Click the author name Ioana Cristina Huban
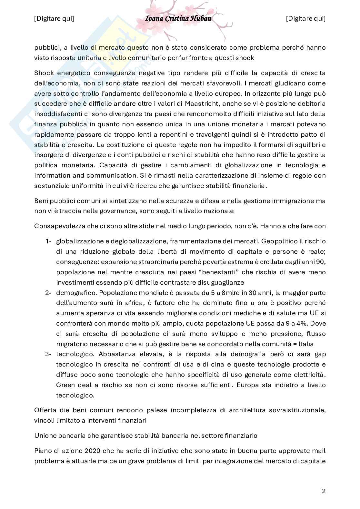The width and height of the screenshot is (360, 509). coord(178,18)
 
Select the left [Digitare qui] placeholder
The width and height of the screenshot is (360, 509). coord(54,19)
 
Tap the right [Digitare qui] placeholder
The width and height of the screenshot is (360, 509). coord(306,19)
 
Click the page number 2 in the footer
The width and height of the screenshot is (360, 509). coord(324,491)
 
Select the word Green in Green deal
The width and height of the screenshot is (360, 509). coord(65,385)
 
